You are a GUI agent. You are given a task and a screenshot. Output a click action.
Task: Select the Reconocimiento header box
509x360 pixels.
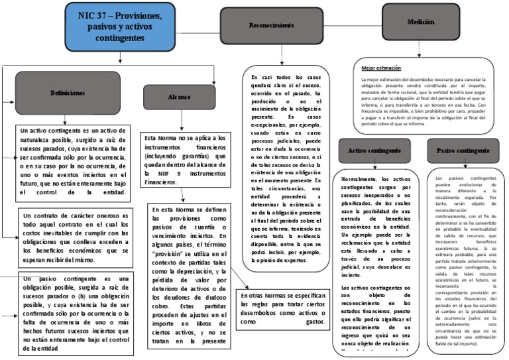pos(271,25)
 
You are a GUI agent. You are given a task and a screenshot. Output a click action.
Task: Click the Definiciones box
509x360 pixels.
pos(68,93)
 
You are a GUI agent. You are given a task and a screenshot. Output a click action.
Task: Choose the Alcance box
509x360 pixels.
pos(170,97)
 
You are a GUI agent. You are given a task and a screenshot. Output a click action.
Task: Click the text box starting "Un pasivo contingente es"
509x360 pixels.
pos(74,315)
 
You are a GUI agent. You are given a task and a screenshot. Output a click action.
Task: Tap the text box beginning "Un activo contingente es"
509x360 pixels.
pos(73,163)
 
